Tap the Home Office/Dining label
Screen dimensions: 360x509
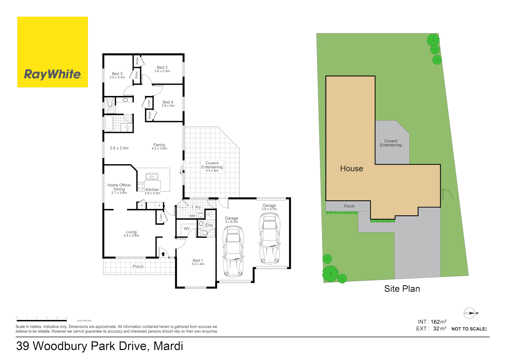tap(119, 187)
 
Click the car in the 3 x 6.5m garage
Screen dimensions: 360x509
tap(233, 251)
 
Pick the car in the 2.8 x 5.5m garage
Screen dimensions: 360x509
tap(269, 238)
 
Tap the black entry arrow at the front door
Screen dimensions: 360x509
tap(163, 254)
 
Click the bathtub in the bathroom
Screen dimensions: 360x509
tap(109, 123)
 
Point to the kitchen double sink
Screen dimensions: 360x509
tap(152, 176)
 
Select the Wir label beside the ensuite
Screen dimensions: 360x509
tap(187, 229)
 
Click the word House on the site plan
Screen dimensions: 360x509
tap(351, 169)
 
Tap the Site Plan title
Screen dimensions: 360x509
tap(402, 289)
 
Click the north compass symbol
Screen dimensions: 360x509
tap(469, 313)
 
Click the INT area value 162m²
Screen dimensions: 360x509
tap(438, 322)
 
